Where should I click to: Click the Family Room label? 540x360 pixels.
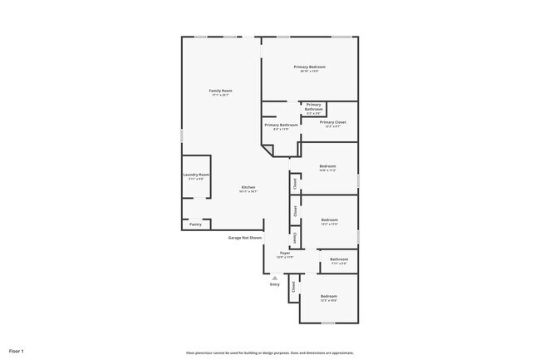(220, 91)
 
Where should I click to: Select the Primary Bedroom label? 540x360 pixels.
(309, 67)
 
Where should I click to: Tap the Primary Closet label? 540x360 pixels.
(332, 122)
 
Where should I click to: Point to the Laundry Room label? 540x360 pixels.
(196, 175)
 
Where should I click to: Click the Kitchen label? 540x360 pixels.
(248, 187)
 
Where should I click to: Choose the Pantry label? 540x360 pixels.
(195, 224)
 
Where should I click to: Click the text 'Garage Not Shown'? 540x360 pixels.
(245, 238)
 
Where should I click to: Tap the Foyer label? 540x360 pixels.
(285, 253)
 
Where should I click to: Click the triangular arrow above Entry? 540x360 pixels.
(275, 279)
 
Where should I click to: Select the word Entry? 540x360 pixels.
(275, 285)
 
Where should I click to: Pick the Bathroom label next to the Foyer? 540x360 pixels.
(339, 259)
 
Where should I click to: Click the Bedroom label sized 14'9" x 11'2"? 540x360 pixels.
(327, 166)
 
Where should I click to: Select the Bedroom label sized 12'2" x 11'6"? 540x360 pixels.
(330, 220)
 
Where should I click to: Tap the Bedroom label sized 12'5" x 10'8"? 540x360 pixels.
(329, 297)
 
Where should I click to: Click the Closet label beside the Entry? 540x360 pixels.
(293, 287)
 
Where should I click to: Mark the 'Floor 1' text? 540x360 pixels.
(17, 351)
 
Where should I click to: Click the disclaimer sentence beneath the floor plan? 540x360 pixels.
(270, 352)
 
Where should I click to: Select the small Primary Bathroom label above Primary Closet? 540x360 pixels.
(313, 107)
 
